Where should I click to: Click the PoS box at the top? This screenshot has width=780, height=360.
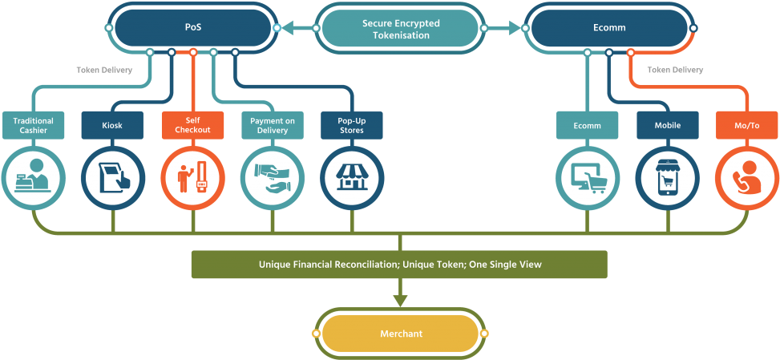point(192,27)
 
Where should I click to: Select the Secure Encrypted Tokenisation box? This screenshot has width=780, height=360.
point(401,29)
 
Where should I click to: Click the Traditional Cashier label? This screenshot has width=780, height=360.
point(32,125)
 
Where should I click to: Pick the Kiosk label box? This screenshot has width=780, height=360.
point(112,125)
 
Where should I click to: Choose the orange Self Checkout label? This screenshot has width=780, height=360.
point(192,125)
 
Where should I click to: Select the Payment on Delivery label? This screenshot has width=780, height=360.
point(273,125)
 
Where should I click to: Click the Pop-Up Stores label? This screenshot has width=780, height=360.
point(351,125)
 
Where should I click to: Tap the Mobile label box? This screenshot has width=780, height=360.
point(668,125)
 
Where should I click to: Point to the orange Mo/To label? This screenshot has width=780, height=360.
point(746,125)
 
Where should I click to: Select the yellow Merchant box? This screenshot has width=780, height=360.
point(401,333)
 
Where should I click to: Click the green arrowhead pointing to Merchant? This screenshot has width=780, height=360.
point(400,301)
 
